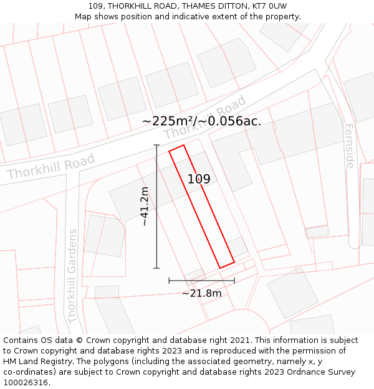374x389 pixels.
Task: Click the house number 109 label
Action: coord(199,179)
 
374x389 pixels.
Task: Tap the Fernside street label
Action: coord(349,146)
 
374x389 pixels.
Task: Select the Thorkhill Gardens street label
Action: coord(73,276)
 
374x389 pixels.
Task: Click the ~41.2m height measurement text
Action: coord(145,206)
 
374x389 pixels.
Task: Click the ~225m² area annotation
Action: coord(168,121)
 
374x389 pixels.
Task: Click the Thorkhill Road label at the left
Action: coord(51,166)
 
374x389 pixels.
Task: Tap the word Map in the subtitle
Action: coord(84,17)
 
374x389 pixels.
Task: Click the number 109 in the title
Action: coord(96,6)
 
